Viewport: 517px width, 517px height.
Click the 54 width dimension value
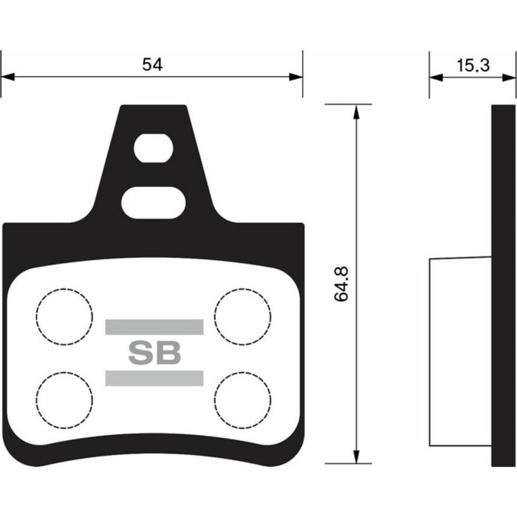click(152, 64)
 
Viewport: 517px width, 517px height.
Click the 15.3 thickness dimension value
click(473, 64)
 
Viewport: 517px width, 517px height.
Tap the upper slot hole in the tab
click(153, 148)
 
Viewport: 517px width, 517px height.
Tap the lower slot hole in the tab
click(153, 202)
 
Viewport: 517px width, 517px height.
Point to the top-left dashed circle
click(64, 317)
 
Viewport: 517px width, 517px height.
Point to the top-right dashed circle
click(242, 317)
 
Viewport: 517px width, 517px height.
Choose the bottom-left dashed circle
click(64, 400)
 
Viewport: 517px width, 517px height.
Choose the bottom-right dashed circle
click(242, 400)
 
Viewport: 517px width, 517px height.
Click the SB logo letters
click(154, 353)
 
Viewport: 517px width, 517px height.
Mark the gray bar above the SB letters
click(154, 327)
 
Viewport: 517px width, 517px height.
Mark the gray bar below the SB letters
click(154, 378)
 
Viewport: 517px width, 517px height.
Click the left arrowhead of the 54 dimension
click(7, 76)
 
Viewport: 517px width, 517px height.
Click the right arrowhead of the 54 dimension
click(297, 76)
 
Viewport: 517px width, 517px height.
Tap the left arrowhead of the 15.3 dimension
click(435, 76)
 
